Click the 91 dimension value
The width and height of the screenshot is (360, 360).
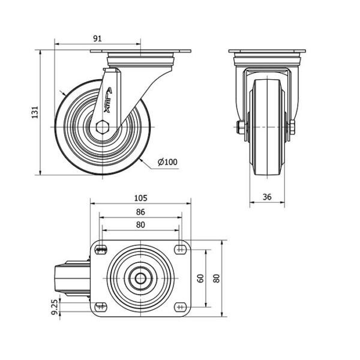click(97, 38)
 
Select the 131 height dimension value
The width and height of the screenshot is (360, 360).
click(35, 112)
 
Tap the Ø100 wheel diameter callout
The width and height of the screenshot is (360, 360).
click(167, 162)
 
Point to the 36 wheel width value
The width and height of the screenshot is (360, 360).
click(267, 197)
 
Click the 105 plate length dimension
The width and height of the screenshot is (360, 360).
click(140, 198)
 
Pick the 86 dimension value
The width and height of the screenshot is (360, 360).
click(140, 212)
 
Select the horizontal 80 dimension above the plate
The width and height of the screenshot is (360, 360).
click(140, 224)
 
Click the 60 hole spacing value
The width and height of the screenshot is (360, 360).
click(200, 278)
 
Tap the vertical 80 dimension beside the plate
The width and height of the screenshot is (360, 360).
click(217, 278)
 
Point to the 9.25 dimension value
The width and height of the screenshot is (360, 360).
click(55, 307)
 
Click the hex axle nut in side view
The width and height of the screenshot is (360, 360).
click(103, 127)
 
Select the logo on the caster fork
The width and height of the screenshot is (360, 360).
click(107, 100)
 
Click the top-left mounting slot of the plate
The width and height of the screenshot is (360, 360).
click(101, 250)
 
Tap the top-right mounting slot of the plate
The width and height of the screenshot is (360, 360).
click(180, 250)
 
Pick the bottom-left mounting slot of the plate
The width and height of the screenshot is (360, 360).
click(101, 307)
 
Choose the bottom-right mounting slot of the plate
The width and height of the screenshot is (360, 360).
click(180, 307)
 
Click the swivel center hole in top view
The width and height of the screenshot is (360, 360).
click(140, 278)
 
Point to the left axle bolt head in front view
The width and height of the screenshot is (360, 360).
click(240, 127)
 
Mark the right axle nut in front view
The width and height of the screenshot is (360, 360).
click(293, 127)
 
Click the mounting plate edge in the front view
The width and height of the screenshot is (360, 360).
click(267, 51)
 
